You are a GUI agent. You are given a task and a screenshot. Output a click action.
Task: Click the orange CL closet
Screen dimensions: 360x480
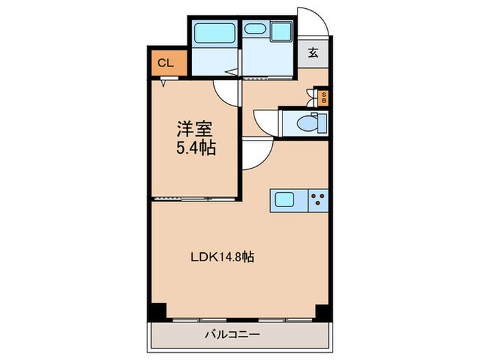165,63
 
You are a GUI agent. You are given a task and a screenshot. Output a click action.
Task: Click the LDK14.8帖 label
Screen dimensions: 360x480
223,257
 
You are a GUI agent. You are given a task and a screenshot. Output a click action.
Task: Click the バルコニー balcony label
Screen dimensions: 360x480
230,336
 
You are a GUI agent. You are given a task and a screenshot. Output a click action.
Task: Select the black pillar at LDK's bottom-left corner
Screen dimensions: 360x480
158,310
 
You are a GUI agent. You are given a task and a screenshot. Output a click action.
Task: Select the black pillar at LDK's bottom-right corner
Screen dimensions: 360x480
321,310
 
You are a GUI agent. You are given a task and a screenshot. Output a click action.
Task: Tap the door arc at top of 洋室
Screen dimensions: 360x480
225,91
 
